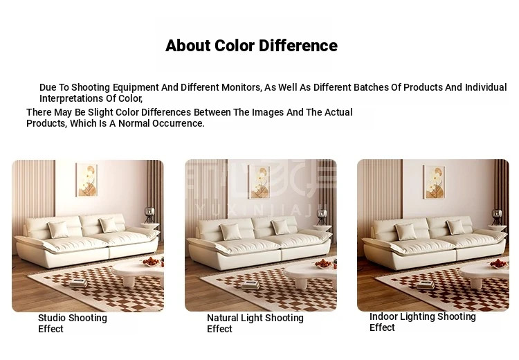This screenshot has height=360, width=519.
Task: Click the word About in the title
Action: (x=188, y=46)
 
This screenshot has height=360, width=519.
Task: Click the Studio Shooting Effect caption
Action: (x=73, y=323)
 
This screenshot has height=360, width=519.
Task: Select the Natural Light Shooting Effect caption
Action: (x=255, y=323)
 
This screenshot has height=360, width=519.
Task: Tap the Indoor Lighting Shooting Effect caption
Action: (x=423, y=322)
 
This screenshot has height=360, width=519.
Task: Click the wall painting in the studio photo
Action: (x=86, y=180)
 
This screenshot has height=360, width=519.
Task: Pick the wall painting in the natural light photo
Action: (x=259, y=182)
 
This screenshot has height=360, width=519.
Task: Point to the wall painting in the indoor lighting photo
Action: (x=434, y=182)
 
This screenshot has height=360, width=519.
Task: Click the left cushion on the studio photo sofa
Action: (x=59, y=230)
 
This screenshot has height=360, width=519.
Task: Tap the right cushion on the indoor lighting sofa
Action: (x=456, y=227)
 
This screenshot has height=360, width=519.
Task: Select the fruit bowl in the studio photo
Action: (x=152, y=262)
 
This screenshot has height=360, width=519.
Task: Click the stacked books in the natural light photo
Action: (x=251, y=285)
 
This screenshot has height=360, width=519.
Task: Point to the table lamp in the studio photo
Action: (x=150, y=215)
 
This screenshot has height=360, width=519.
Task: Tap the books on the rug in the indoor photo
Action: (x=426, y=285)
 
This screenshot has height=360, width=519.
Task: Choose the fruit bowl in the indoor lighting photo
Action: (x=498, y=264)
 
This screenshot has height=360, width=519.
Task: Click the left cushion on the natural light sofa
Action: (x=231, y=231)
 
